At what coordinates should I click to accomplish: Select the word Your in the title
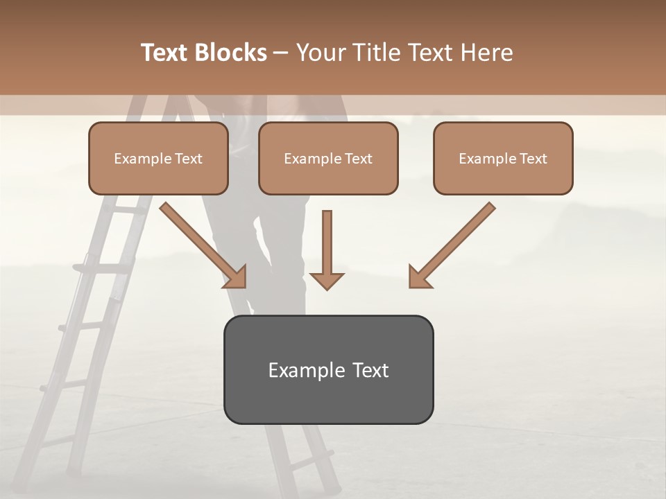point(321,53)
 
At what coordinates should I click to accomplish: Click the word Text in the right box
point(533,159)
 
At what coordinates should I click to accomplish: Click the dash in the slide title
point(281,53)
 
